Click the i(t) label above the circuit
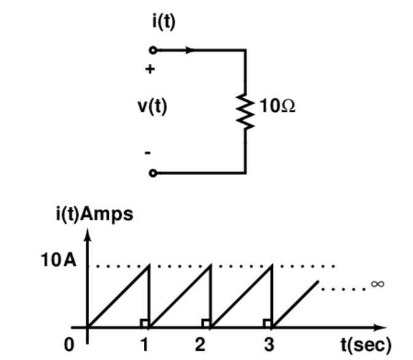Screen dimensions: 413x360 [163, 22]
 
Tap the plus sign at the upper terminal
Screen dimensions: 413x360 [149, 69]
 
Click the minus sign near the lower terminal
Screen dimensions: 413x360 [148, 152]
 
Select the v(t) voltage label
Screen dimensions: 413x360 [152, 106]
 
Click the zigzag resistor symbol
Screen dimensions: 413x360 [246, 111]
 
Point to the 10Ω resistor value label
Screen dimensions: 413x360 [277, 106]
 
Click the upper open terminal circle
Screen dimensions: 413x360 [153, 50]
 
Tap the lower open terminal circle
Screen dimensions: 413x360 [153, 173]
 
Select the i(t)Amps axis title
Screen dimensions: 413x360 [94, 214]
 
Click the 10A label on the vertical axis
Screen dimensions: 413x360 [59, 260]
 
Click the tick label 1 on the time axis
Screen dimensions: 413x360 [144, 345]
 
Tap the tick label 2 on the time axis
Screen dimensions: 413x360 [200, 345]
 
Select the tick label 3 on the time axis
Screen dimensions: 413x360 [269, 345]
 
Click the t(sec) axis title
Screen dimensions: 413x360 [366, 345]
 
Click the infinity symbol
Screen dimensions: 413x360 [377, 284]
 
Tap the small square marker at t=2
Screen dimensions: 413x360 [206, 323]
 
